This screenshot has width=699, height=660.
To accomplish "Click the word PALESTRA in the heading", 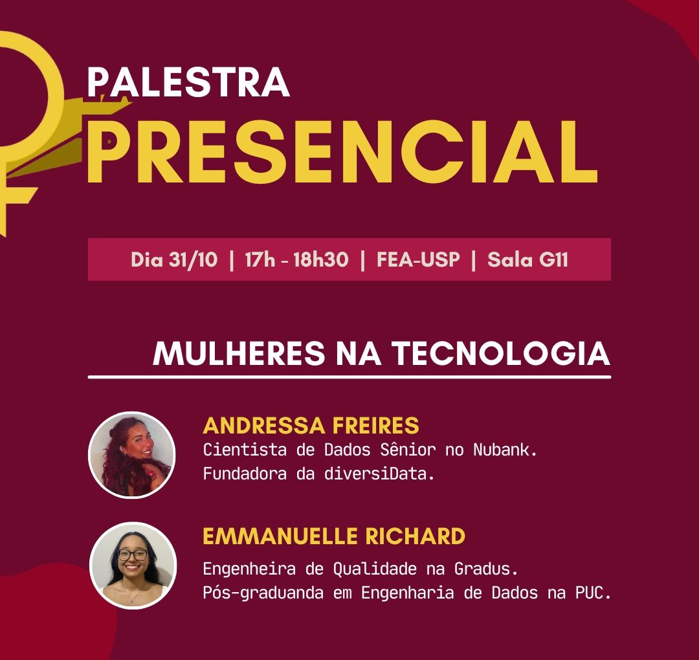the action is pos(188,82).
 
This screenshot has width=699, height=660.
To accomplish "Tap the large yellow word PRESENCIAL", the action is pos(342,151).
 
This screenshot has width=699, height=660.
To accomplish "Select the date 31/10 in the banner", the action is pos(193,259).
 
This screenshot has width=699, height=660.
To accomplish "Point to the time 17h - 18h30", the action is pos(296,259).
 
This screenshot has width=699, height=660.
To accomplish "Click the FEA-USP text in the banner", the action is pos(418,259).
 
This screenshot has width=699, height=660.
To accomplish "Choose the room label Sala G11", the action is pos(528,259).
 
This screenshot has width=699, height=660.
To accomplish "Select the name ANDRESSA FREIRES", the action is pos(311,426).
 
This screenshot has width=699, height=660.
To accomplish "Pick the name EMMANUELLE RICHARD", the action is pos(334,536).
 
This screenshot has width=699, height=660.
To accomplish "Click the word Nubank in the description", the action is pos(504,450).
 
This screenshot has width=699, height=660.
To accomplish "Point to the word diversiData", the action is pos(379,473).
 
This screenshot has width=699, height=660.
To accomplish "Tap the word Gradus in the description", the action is pos(485,569).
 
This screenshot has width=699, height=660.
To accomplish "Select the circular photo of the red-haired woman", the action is pos(132,454).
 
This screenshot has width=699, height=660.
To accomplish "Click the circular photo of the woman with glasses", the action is pos(133,566).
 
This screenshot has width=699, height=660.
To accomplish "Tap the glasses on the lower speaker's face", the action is pos(133,555).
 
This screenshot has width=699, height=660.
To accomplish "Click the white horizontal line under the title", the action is pos(349,377).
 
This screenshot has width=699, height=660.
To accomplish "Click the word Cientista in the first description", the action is pos(245,450).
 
